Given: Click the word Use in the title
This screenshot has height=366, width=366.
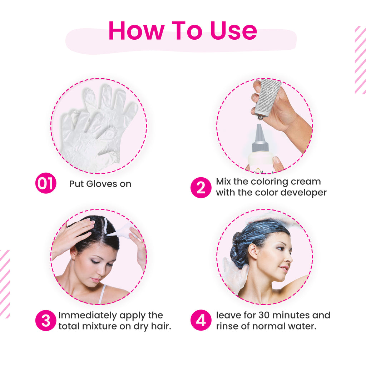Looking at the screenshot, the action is [x=233, y=31].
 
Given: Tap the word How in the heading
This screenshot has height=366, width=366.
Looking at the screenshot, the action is [x=137, y=31].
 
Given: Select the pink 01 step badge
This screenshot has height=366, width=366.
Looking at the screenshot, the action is [x=46, y=183].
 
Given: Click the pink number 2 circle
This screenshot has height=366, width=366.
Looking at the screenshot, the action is [x=201, y=187].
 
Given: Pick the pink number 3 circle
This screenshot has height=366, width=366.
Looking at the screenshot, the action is [x=46, y=320].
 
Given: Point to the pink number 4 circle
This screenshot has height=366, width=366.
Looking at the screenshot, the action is [x=201, y=320].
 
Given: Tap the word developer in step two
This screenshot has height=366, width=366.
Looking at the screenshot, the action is [x=303, y=193].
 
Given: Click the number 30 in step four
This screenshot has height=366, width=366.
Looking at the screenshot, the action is [x=264, y=315].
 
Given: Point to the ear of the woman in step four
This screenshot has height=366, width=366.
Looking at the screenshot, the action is [x=253, y=251].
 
